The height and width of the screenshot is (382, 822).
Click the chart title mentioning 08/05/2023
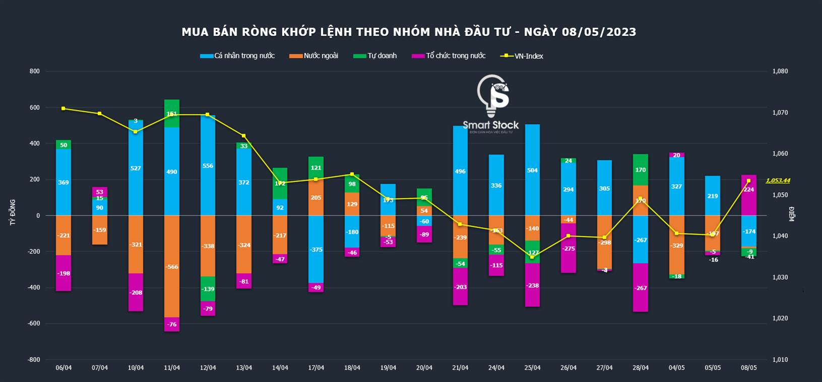[x=409, y=32]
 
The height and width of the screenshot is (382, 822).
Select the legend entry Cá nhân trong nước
[x=237, y=56]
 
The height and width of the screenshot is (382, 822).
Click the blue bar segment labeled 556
[x=208, y=166]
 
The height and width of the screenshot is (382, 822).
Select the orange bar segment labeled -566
[x=172, y=266]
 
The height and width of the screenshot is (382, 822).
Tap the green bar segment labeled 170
[x=641, y=170]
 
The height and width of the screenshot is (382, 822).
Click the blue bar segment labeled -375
[x=316, y=249]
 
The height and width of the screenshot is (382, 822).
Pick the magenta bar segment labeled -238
[x=532, y=285]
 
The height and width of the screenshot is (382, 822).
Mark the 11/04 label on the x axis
[x=172, y=368]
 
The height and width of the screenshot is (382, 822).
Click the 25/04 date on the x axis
[x=532, y=368]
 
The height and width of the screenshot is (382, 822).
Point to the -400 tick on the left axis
[x=34, y=288]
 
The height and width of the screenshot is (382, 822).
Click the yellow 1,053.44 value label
[x=778, y=181]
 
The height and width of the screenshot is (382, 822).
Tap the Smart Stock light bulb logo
[x=492, y=96]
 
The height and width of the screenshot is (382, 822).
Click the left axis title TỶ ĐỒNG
[x=13, y=212]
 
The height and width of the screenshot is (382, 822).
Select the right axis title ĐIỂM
[x=792, y=214]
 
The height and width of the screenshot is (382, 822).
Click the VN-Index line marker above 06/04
[x=64, y=108]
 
